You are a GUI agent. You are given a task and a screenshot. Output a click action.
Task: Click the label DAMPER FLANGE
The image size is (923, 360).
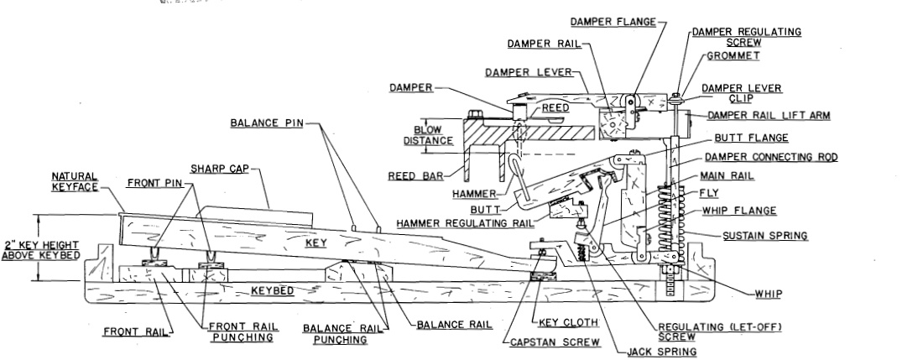pyautogui.click(x=613, y=23)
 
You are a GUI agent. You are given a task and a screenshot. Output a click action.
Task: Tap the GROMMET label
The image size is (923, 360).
pyautogui.click(x=733, y=56)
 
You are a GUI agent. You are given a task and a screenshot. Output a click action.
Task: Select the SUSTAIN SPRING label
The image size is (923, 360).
pyautogui.click(x=765, y=236)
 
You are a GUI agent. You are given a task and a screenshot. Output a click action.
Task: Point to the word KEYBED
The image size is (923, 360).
pyautogui.click(x=273, y=290)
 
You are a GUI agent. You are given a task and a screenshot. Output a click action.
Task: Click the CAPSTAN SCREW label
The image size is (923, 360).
pyautogui.click(x=555, y=342)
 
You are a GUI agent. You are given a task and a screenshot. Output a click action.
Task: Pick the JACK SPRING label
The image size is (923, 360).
pyautogui.click(x=662, y=352)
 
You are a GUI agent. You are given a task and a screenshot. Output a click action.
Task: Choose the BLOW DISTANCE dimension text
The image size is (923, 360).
pyautogui.click(x=428, y=135)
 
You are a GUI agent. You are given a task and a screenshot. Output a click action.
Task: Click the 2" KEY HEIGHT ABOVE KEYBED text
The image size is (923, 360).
pyautogui.click(x=40, y=250)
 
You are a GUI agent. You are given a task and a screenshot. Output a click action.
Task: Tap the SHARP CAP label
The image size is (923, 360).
pyautogui.click(x=220, y=170)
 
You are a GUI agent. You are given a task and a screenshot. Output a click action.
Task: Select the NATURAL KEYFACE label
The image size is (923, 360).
pyautogui.click(x=75, y=182)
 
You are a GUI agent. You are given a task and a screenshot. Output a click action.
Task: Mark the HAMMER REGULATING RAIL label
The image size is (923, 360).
pyautogui.click(x=465, y=223)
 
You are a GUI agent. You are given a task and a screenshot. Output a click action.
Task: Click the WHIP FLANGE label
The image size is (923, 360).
pyautogui.click(x=739, y=211)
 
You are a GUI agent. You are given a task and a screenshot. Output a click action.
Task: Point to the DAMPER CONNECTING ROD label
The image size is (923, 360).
pyautogui.click(x=771, y=157)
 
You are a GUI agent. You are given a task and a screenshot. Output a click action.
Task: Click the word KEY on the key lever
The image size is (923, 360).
pyautogui.click(x=316, y=243)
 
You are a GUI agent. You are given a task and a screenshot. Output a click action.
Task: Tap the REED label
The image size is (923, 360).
pyautogui.click(x=555, y=108)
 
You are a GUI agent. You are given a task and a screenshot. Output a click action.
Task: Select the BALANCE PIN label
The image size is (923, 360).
pyautogui.click(x=267, y=123)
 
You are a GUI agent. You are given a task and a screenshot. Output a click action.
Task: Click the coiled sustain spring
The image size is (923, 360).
pyautogui.click(x=665, y=221)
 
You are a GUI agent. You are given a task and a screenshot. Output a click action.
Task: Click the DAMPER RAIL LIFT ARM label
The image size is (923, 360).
pyautogui.click(x=769, y=116)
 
